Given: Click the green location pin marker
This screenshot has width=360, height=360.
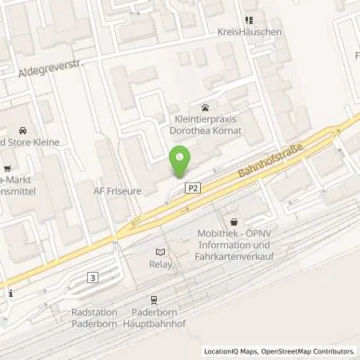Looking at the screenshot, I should tap(180, 161).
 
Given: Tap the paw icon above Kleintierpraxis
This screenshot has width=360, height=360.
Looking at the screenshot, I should tap(206, 106).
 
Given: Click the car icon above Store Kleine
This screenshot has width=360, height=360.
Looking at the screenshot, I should tap(22, 130).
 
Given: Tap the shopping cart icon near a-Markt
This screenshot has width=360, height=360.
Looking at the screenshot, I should tap(8, 168).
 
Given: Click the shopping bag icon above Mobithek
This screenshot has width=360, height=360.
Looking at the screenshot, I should tap(234, 222).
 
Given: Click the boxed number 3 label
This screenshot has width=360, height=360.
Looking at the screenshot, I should tap(94, 278).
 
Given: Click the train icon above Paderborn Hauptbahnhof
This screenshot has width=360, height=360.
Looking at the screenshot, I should tap(154, 299).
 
